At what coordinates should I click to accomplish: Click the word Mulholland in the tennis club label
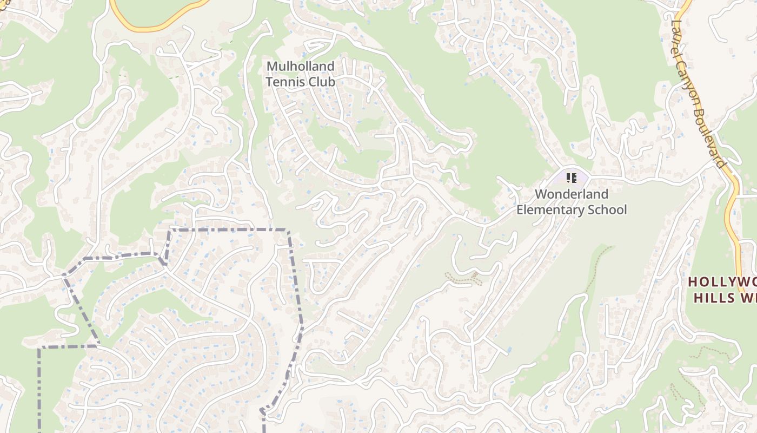(301, 67)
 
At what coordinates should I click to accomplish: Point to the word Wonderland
(572, 194)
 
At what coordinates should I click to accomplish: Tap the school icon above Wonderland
(572, 178)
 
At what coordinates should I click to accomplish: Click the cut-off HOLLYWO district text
(722, 282)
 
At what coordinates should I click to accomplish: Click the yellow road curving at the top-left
(162, 25)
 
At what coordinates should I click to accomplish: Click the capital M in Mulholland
(272, 67)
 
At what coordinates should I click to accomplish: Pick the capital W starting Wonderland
(540, 194)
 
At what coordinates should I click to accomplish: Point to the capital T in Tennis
(269, 82)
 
